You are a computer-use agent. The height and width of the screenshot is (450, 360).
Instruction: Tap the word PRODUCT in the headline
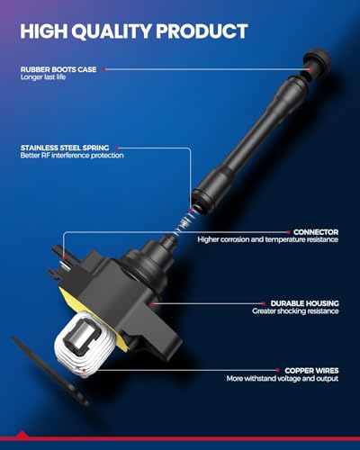click(202, 31)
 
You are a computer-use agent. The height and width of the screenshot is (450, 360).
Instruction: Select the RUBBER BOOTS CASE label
click(58, 69)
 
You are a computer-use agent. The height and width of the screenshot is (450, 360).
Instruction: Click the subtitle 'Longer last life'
click(43, 77)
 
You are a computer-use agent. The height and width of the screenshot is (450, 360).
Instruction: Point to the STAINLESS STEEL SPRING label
click(65, 148)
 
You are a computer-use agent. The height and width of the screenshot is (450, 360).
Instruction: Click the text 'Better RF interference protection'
click(72, 156)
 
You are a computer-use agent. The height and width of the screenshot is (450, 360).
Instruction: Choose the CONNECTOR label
click(316, 232)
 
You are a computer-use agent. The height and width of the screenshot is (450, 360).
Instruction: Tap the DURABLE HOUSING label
click(304, 303)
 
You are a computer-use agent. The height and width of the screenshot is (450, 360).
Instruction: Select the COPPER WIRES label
click(311, 371)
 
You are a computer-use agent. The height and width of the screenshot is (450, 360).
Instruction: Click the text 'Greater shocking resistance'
click(295, 311)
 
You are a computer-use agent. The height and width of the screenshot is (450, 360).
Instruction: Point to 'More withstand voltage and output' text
click(283, 379)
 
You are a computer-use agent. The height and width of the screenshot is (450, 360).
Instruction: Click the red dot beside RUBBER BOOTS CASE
click(103, 69)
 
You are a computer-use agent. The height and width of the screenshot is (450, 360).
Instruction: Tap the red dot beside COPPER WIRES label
click(278, 371)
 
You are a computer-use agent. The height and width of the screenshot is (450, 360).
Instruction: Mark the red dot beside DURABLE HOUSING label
click(264, 303)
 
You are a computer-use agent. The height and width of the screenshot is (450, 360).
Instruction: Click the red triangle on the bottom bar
click(22, 435)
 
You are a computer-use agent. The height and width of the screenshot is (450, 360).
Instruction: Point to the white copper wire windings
click(85, 345)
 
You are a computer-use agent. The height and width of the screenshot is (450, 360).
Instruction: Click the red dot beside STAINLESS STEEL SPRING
click(117, 148)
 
